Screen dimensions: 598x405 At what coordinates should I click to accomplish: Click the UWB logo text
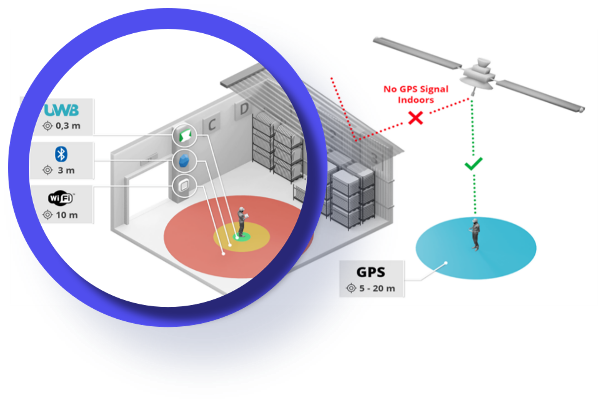[x=61, y=110]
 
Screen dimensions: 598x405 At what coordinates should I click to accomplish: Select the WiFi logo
[x=61, y=198]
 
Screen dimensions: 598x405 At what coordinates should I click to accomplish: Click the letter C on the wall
[x=212, y=125]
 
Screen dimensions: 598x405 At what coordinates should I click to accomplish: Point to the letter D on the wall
[x=244, y=109]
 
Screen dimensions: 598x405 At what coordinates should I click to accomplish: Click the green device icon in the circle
[x=185, y=135]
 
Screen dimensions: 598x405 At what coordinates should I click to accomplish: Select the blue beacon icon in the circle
[x=184, y=161]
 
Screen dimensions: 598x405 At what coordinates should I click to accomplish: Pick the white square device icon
[x=184, y=184]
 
